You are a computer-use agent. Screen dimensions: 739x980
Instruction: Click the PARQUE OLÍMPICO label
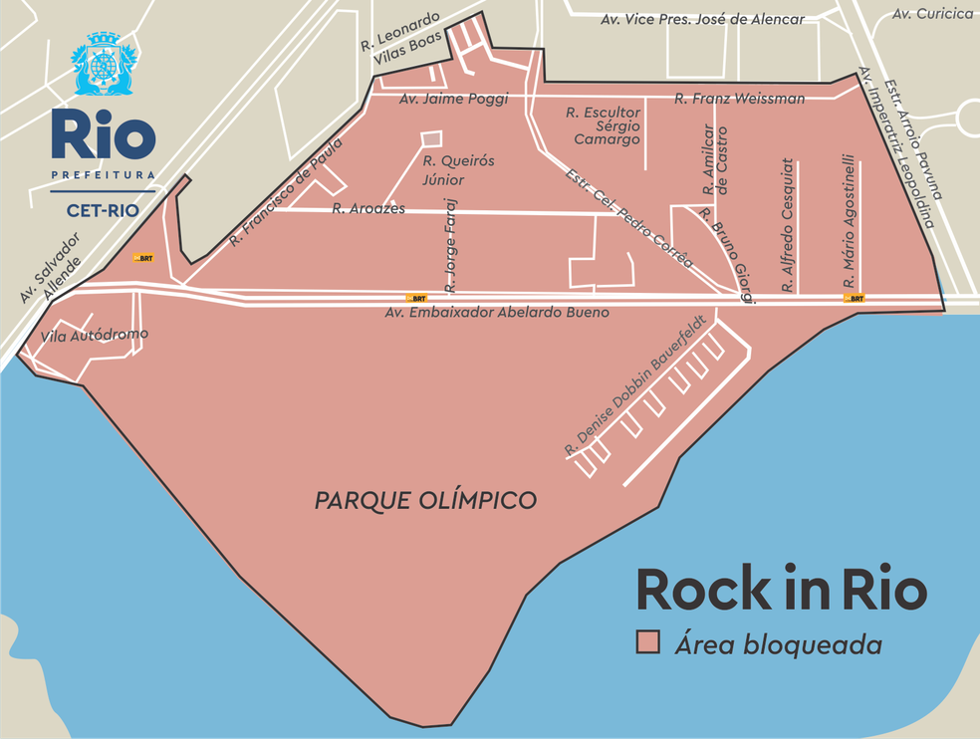coord(425,500)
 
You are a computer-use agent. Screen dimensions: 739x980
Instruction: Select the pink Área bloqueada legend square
coord(649,643)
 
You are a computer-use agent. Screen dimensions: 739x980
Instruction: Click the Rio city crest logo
coord(103,65)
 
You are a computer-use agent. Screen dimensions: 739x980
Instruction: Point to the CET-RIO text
coord(103,210)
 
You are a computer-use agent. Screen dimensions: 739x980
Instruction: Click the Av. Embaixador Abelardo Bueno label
coord(497,313)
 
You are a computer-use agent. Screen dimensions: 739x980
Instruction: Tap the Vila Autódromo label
coord(94,337)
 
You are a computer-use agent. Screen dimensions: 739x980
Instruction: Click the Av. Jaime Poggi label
coord(453,99)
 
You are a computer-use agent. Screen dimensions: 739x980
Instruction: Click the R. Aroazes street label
coord(368,209)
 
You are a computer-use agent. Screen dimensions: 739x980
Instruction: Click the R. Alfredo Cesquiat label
coord(787,225)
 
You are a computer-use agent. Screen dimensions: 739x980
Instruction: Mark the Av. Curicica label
coord(932,14)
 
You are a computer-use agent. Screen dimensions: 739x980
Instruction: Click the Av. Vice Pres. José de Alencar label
coord(703,19)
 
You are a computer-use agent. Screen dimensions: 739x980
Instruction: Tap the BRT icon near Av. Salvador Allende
coord(144,258)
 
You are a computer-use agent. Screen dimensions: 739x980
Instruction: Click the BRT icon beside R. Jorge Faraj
coord(416,298)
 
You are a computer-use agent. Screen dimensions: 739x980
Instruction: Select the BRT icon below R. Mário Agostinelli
coord(854,298)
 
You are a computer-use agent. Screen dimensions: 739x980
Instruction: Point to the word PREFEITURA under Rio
coord(103,175)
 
